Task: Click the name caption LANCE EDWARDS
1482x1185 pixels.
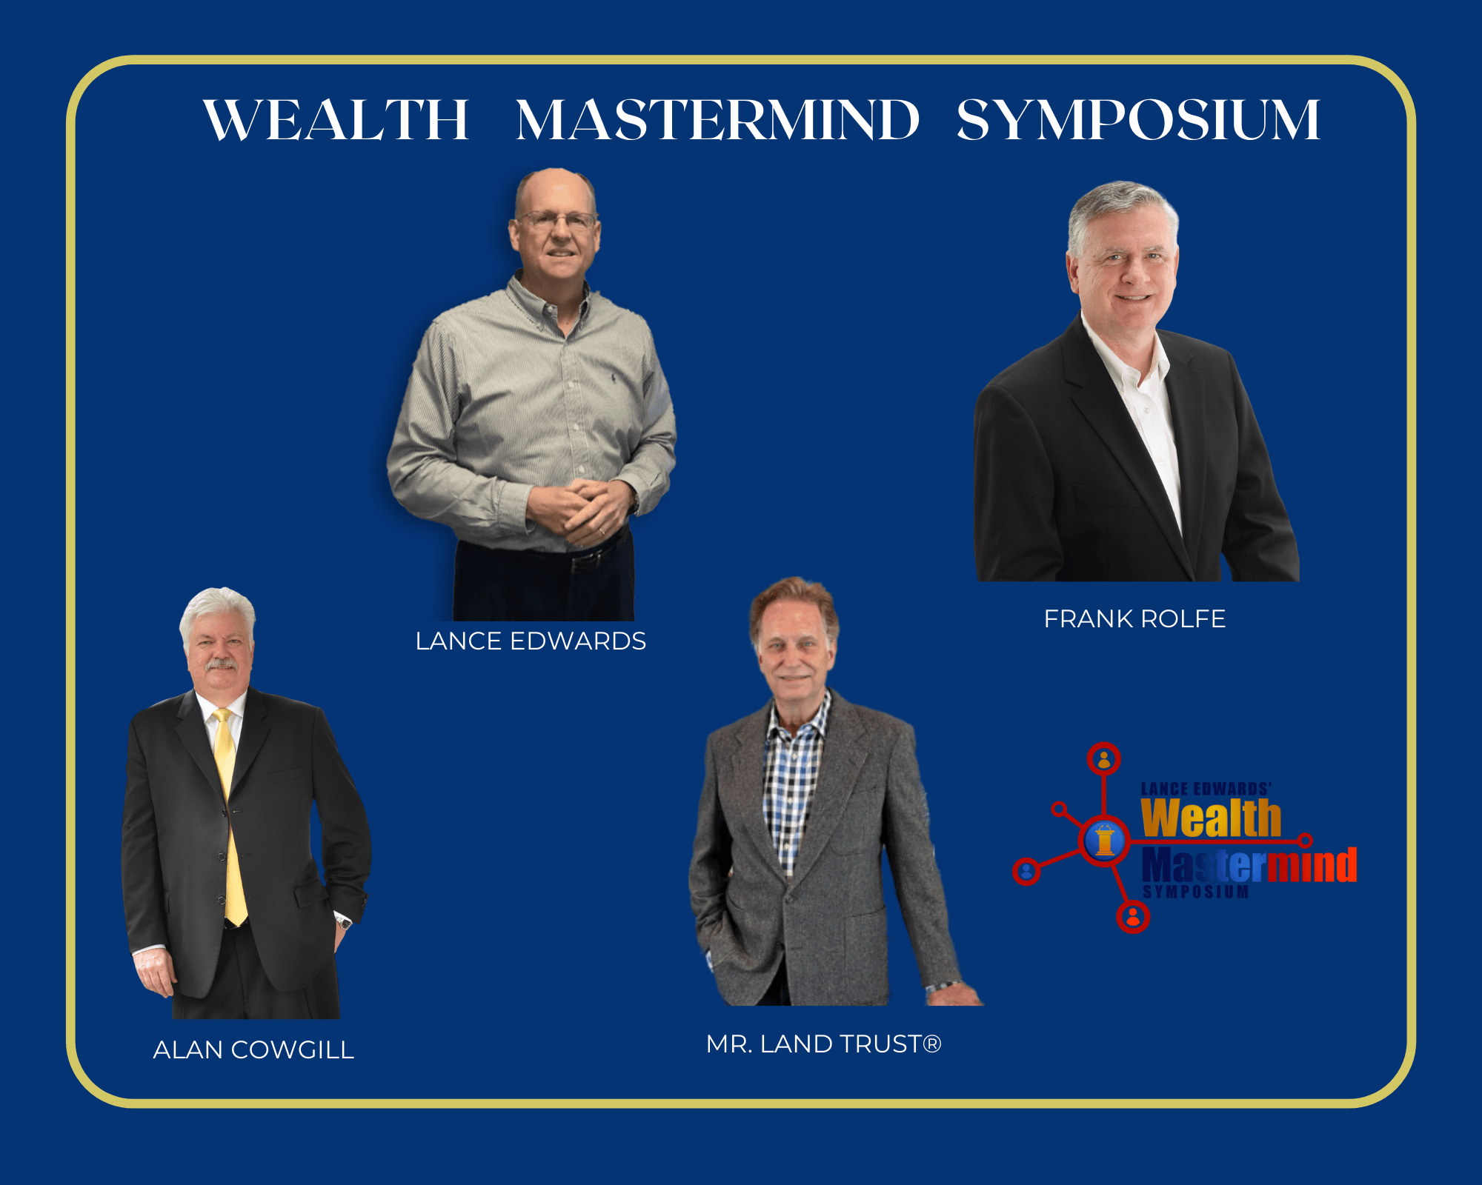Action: (x=531, y=641)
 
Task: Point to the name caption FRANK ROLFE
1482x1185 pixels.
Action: (x=1134, y=618)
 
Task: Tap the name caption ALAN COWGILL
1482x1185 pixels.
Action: (x=253, y=1049)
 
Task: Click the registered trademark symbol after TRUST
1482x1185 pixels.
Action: (x=932, y=1044)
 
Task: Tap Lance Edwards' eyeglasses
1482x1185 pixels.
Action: (x=558, y=220)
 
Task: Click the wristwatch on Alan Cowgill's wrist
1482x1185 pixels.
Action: (x=342, y=921)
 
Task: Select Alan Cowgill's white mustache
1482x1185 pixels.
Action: (x=221, y=664)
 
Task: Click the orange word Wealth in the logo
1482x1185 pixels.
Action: (x=1211, y=818)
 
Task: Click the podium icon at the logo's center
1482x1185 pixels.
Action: (x=1105, y=841)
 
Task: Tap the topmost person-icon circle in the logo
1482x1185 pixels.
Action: (x=1104, y=759)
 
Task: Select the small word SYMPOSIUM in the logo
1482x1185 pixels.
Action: (x=1195, y=892)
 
